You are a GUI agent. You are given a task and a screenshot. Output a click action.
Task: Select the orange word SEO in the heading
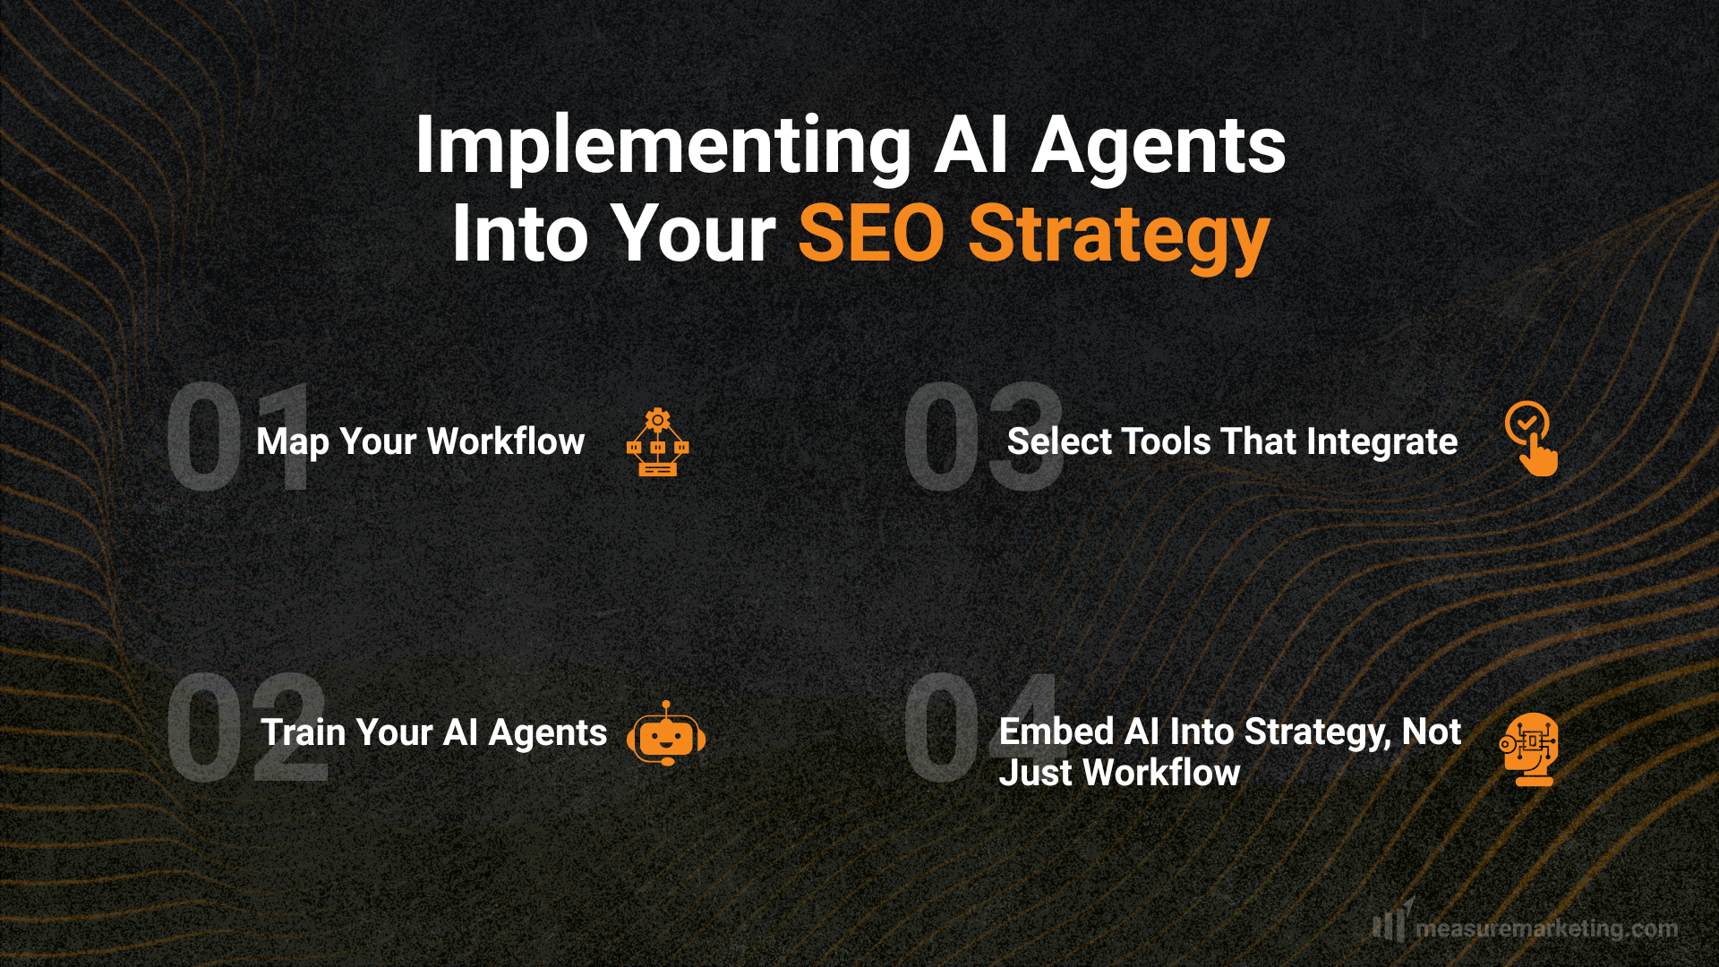(871, 234)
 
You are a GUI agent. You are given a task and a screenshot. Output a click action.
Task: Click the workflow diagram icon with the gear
(658, 442)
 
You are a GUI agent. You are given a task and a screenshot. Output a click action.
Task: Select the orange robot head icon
(666, 734)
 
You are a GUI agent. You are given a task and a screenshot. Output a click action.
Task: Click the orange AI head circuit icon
(1531, 749)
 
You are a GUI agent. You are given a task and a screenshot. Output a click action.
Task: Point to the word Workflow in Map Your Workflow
(506, 441)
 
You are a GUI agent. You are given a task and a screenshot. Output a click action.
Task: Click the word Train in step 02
(304, 732)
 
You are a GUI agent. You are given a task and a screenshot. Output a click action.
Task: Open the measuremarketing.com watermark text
(1546, 928)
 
